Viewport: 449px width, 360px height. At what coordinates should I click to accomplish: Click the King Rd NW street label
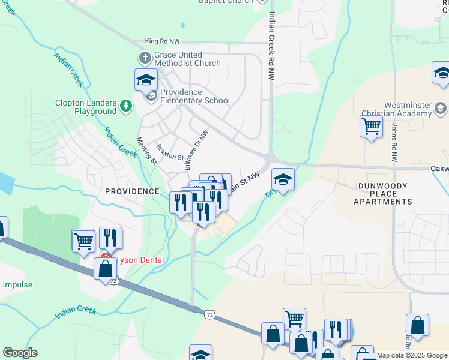(162, 41)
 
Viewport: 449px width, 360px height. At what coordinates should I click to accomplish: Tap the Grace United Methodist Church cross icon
(144, 59)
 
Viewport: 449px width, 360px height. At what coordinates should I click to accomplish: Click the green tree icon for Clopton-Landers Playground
(125, 107)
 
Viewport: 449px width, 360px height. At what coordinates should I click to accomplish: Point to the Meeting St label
(146, 151)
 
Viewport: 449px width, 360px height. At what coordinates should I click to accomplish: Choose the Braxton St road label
(169, 152)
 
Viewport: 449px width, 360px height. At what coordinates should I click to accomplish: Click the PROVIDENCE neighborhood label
(132, 191)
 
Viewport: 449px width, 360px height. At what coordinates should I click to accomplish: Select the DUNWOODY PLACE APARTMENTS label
(383, 194)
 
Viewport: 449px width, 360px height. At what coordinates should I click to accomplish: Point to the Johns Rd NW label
(394, 144)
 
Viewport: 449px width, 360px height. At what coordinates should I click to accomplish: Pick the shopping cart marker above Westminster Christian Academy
(372, 127)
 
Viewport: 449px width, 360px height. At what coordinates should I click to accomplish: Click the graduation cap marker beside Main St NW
(283, 179)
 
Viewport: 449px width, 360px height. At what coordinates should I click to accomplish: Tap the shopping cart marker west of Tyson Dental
(83, 241)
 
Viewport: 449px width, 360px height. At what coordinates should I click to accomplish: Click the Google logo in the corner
(20, 353)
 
